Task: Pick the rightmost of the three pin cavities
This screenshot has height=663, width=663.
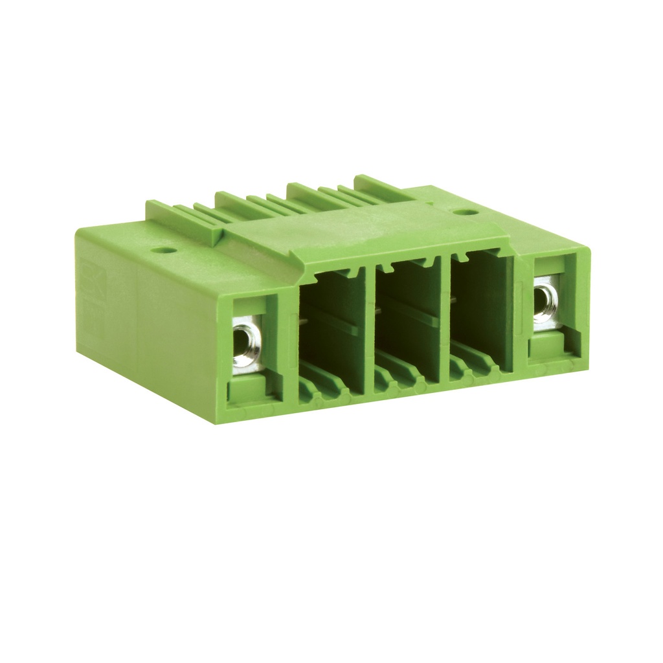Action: click(480, 311)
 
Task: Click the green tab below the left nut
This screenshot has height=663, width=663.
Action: click(247, 388)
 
